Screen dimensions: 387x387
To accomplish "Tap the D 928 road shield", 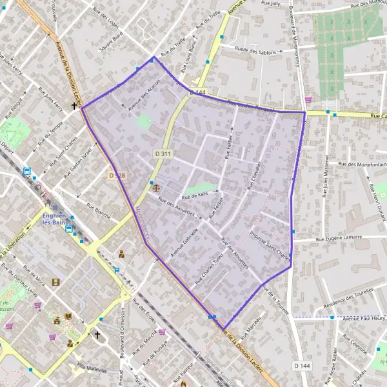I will coord(115,175).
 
